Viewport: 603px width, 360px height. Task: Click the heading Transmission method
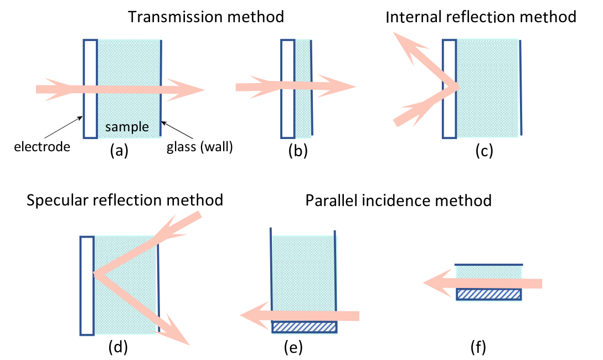[x=206, y=17]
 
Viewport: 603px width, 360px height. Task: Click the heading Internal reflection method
[x=481, y=17]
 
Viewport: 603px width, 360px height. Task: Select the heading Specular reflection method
[x=125, y=199]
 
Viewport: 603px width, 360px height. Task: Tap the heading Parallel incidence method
[x=399, y=199]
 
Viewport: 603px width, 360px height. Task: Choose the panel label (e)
[x=292, y=348]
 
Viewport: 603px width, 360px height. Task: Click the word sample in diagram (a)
[x=127, y=127]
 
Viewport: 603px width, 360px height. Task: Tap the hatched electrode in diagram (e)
[x=304, y=327]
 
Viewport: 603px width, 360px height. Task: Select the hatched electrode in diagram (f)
[x=488, y=294]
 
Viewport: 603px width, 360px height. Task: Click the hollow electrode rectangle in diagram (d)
[x=86, y=285]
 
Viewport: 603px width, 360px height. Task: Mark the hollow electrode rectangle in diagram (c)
[x=449, y=89]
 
